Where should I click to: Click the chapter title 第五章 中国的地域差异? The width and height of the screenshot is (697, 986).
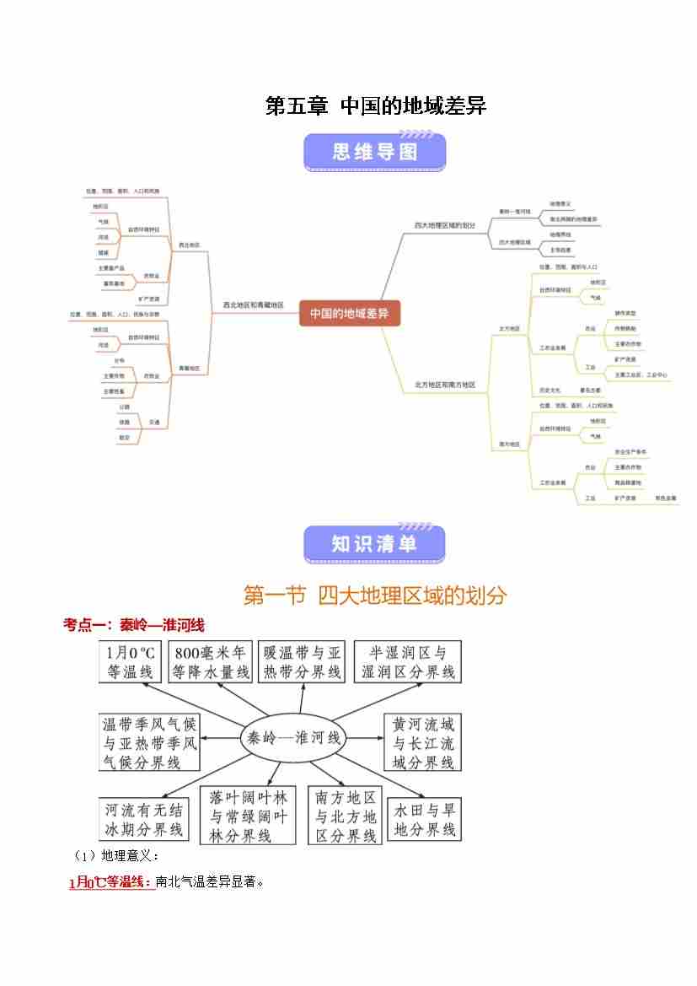(376, 106)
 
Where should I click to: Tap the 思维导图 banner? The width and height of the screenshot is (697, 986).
(374, 152)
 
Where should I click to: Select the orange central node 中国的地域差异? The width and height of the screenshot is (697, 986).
(349, 313)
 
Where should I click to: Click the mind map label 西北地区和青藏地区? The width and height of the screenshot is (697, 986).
(253, 305)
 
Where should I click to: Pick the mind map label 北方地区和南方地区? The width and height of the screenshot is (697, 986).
(445, 385)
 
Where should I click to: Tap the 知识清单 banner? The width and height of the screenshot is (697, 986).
(374, 545)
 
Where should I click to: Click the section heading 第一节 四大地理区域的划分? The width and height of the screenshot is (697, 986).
(375, 595)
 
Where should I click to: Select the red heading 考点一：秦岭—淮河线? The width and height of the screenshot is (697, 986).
(134, 625)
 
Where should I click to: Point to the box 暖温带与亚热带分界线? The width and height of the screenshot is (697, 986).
(302, 662)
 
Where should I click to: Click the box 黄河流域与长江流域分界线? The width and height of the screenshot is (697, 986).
(423, 742)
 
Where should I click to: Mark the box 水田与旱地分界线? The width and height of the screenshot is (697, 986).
(425, 819)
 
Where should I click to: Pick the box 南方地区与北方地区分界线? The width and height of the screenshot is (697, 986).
(346, 816)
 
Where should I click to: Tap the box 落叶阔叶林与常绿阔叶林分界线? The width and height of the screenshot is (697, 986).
(249, 816)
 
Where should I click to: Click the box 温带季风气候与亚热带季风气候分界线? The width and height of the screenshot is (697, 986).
(150, 742)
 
